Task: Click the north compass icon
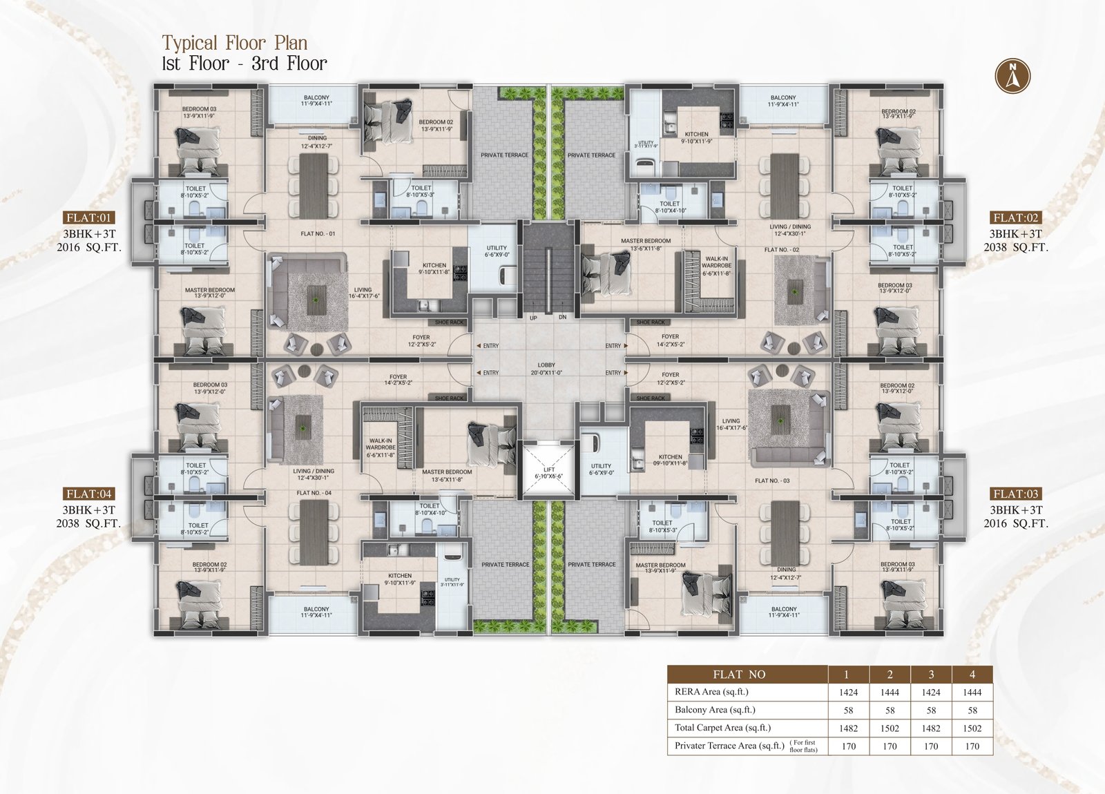click(1012, 76)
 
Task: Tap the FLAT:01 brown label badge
click(88, 217)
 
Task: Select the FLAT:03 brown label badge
click(1015, 494)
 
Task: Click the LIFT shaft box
click(548, 472)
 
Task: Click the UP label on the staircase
click(533, 318)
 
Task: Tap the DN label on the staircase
click(562, 318)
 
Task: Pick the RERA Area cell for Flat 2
click(890, 693)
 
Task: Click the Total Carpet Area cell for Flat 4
click(972, 728)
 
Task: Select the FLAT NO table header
click(739, 675)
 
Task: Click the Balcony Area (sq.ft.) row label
click(715, 710)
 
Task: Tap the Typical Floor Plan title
click(235, 43)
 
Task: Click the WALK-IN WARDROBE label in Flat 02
click(716, 266)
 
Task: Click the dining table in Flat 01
click(314, 186)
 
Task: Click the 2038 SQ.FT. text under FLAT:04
click(88, 523)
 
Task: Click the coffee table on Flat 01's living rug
click(316, 300)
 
